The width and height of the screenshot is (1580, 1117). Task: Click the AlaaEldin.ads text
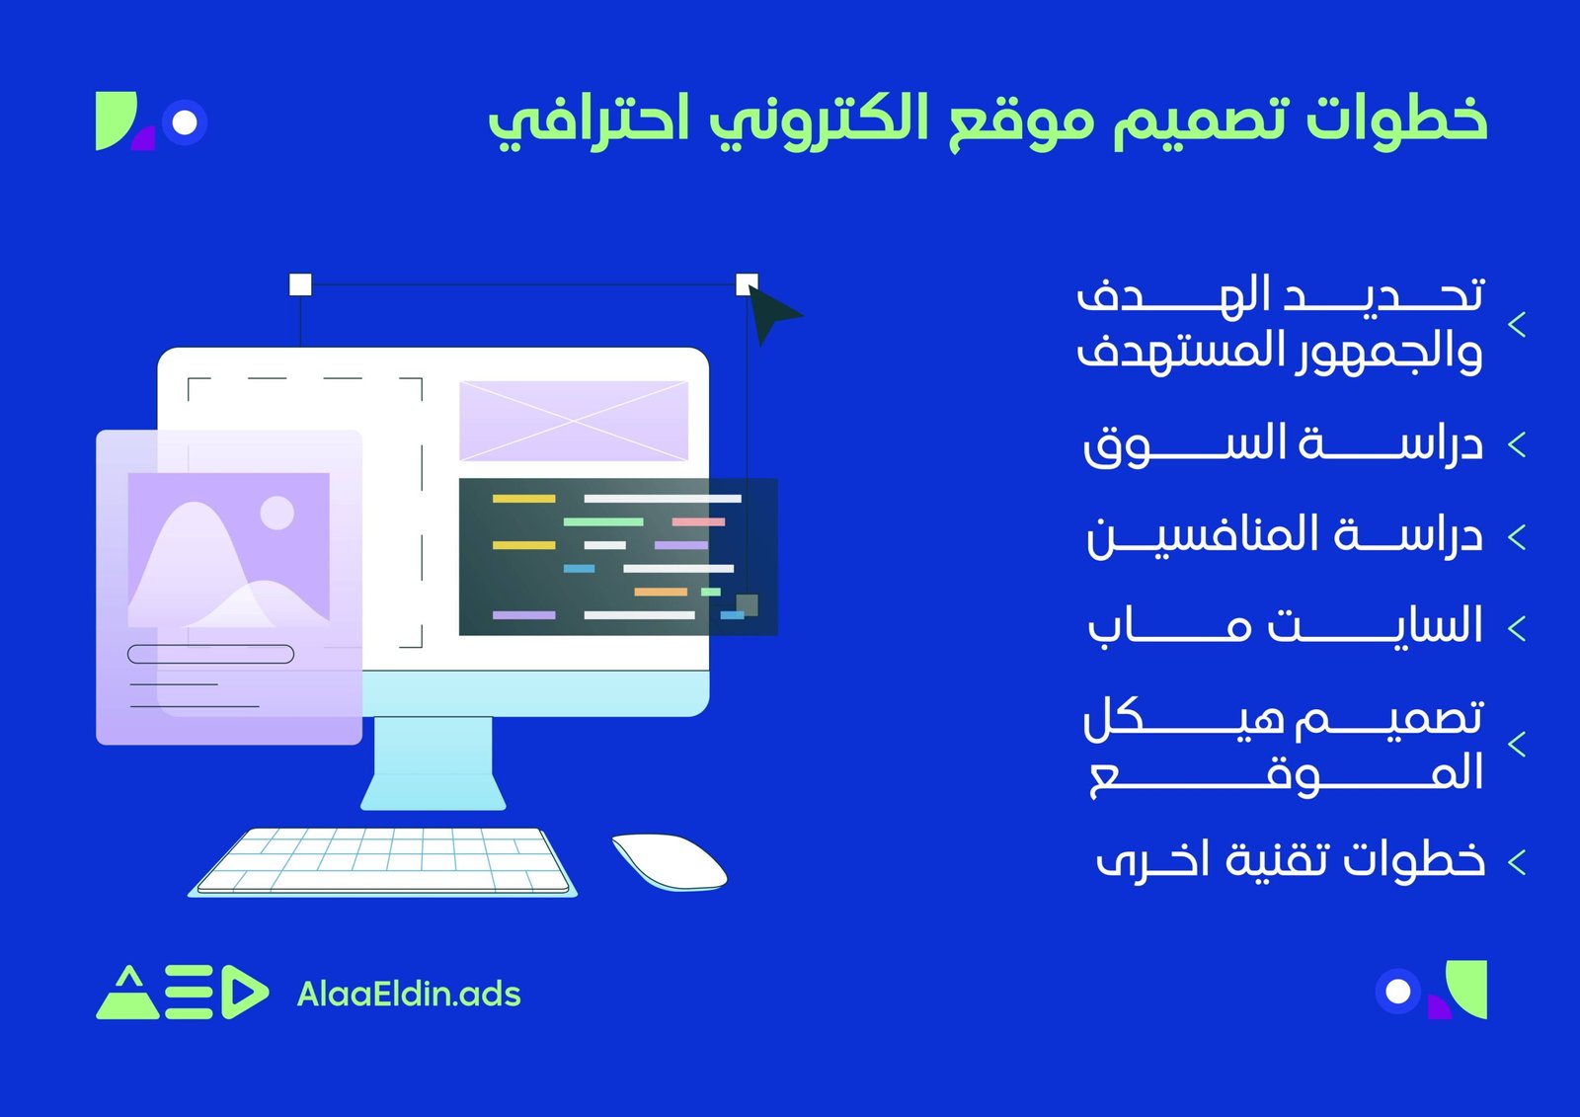(409, 994)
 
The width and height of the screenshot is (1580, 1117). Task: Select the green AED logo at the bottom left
(182, 992)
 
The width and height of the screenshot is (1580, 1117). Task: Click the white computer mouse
(669, 861)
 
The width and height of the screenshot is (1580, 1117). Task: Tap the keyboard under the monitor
(383, 861)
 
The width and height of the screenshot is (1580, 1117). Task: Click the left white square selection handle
(300, 285)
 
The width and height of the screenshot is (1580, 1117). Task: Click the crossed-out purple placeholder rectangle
(574, 421)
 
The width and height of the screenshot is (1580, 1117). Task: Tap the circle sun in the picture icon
(276, 513)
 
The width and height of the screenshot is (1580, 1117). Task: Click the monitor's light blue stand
(433, 762)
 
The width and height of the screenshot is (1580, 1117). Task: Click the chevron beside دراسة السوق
(1518, 444)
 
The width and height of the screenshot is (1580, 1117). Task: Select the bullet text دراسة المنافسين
(1284, 535)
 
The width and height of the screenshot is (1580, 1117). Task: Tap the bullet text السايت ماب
(1284, 626)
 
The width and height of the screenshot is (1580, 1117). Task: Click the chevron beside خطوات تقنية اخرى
(1518, 862)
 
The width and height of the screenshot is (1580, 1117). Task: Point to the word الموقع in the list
(1284, 773)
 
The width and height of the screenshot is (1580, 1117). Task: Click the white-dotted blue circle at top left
(185, 122)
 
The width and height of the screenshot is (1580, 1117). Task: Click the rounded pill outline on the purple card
(210, 654)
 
